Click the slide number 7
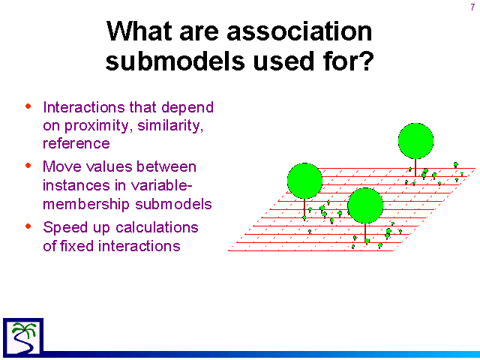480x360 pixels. coord(472,7)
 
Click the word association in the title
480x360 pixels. coord(299,31)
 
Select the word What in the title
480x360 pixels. coord(139,31)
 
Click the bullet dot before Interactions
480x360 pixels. coord(28,106)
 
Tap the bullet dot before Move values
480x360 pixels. coord(28,166)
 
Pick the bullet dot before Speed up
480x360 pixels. coord(28,226)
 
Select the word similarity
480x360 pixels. coord(170,125)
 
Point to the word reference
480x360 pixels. coord(76,143)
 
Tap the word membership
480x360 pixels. coord(87,205)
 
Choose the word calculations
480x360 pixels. coord(157,227)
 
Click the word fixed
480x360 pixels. coord(78,246)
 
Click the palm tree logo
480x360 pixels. coord(23,337)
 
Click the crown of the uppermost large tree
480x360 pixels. coord(415,141)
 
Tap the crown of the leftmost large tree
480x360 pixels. coord(304,181)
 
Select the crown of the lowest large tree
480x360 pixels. coord(365,205)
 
